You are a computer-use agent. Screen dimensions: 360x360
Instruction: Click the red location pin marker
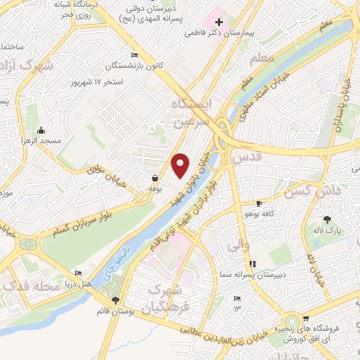pyautogui.click(x=181, y=165)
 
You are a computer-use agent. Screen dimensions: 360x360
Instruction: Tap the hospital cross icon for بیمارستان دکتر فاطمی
pyautogui.click(x=219, y=22)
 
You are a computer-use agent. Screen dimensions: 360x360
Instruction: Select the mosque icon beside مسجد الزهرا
pyautogui.click(x=41, y=130)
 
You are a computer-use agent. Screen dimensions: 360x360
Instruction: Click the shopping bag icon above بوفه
pyautogui.click(x=154, y=178)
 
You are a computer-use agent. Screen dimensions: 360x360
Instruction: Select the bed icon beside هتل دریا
pyautogui.click(x=79, y=273)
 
